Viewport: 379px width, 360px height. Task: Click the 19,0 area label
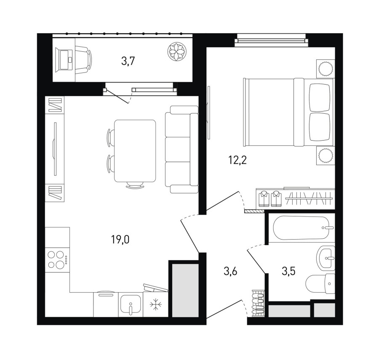coord(120,240)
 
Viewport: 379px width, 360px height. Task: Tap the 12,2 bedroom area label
coord(238,160)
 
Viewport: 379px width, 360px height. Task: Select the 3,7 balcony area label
coord(128,61)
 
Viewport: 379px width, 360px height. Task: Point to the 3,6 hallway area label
coord(230,271)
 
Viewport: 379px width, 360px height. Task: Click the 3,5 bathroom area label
coord(288,271)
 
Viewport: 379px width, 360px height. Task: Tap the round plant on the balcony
coord(177,51)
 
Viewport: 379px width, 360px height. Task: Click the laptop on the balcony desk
coord(64,60)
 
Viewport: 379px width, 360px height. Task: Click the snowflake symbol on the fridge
coord(156,304)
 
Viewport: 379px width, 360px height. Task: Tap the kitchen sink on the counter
coord(131,305)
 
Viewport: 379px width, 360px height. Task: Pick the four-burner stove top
coord(58,260)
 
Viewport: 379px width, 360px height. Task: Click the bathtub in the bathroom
coord(301,228)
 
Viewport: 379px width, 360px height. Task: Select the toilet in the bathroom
coord(320,283)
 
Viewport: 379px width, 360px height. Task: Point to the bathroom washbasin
coord(326,258)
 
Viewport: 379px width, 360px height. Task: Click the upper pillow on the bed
coord(320,98)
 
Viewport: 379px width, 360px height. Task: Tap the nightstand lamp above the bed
coord(325,68)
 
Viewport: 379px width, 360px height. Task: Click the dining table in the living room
coord(135,151)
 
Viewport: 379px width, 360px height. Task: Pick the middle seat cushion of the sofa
coord(178,149)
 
